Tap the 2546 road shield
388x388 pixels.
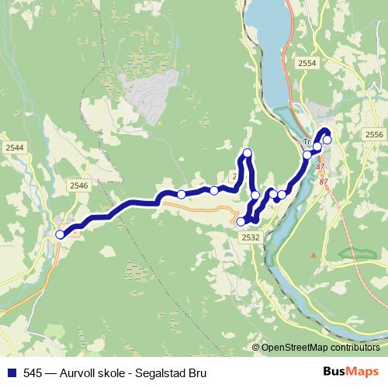click(x=78, y=185)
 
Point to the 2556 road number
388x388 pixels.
click(x=374, y=134)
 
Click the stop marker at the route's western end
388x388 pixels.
click(x=61, y=234)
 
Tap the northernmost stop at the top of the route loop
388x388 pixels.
click(x=248, y=152)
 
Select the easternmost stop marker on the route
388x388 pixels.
click(x=327, y=140)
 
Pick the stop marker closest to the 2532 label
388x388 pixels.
click(x=241, y=222)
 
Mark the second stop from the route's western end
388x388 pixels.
click(x=181, y=195)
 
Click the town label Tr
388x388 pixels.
click(x=307, y=143)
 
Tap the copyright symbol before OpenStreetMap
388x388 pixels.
click(x=257, y=348)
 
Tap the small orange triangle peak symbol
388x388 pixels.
click(x=314, y=255)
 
